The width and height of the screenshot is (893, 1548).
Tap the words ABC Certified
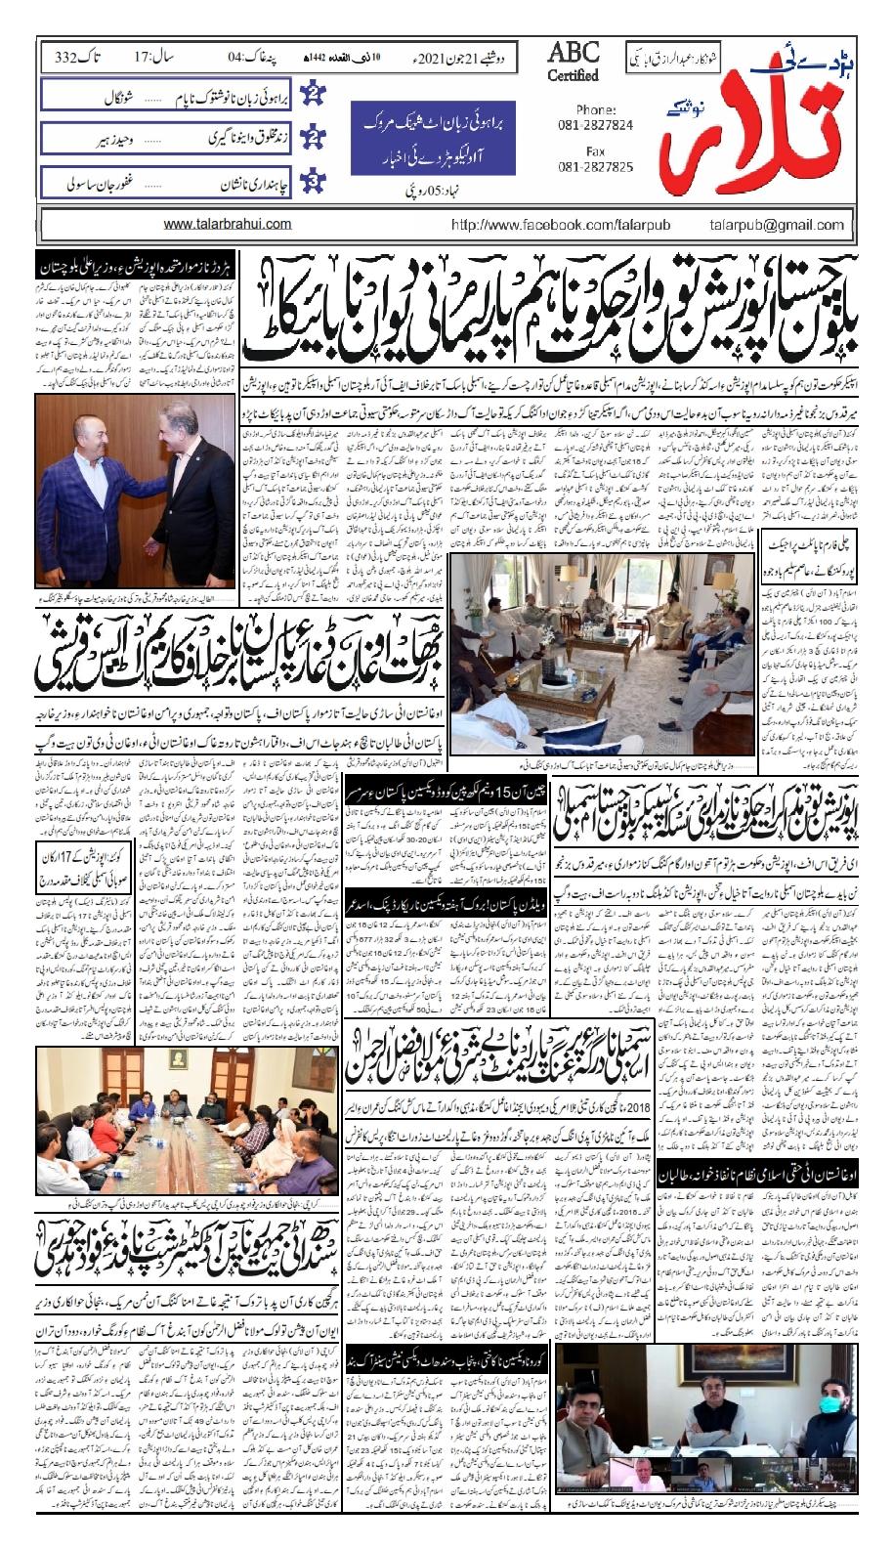point(574,64)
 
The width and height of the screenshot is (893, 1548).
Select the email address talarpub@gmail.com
point(778,225)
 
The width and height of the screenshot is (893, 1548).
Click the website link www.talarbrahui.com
point(228,224)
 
